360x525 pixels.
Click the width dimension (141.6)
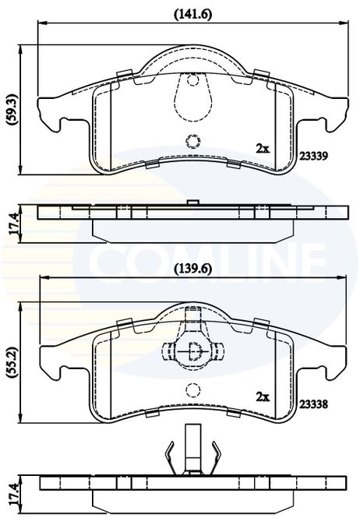(193, 14)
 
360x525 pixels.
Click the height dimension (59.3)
(13, 110)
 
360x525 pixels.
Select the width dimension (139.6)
(193, 269)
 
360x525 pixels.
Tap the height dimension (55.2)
(13, 363)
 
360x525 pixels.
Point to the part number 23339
(314, 156)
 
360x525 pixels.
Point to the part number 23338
(314, 404)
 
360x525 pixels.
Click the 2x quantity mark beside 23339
(263, 148)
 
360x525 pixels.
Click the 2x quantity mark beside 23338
(263, 396)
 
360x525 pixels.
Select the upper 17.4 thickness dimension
(14, 224)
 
